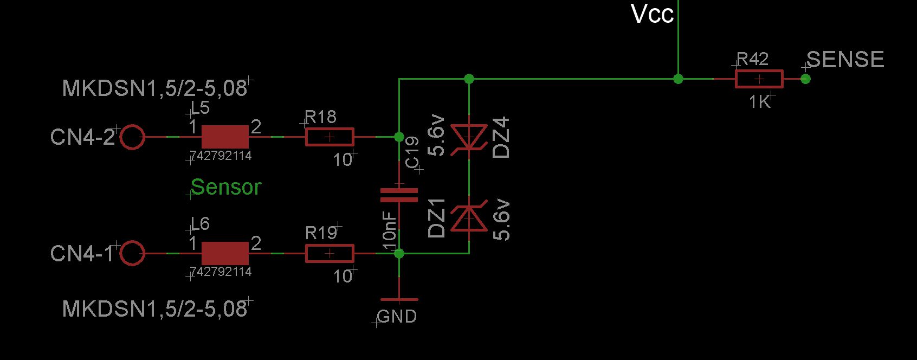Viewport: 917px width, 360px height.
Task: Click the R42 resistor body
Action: pyautogui.click(x=759, y=79)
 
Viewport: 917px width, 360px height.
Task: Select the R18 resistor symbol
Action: pyautogui.click(x=330, y=137)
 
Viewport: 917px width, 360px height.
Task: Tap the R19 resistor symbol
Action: pyautogui.click(x=330, y=254)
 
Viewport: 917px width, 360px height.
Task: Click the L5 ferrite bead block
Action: pyautogui.click(x=225, y=137)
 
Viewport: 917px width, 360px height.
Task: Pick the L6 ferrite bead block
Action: pyautogui.click(x=225, y=254)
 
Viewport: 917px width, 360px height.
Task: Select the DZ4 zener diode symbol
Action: pyautogui.click(x=469, y=137)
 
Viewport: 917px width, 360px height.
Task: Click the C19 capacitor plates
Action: pyautogui.click(x=399, y=195)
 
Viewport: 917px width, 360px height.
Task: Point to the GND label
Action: pyautogui.click(x=397, y=317)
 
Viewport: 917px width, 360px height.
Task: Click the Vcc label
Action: pyautogui.click(x=652, y=14)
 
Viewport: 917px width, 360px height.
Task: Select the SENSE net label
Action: pyautogui.click(x=845, y=60)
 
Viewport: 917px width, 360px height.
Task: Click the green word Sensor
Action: pyautogui.click(x=226, y=187)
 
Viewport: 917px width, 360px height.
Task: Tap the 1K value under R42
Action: pyautogui.click(x=760, y=102)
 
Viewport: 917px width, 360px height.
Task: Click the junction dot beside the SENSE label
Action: pyautogui.click(x=805, y=79)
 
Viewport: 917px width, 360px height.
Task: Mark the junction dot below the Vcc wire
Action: pyautogui.click(x=679, y=79)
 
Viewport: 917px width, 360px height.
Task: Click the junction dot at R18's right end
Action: pyautogui.click(x=399, y=137)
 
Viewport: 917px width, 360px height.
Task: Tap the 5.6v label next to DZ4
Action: pyautogui.click(x=436, y=136)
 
